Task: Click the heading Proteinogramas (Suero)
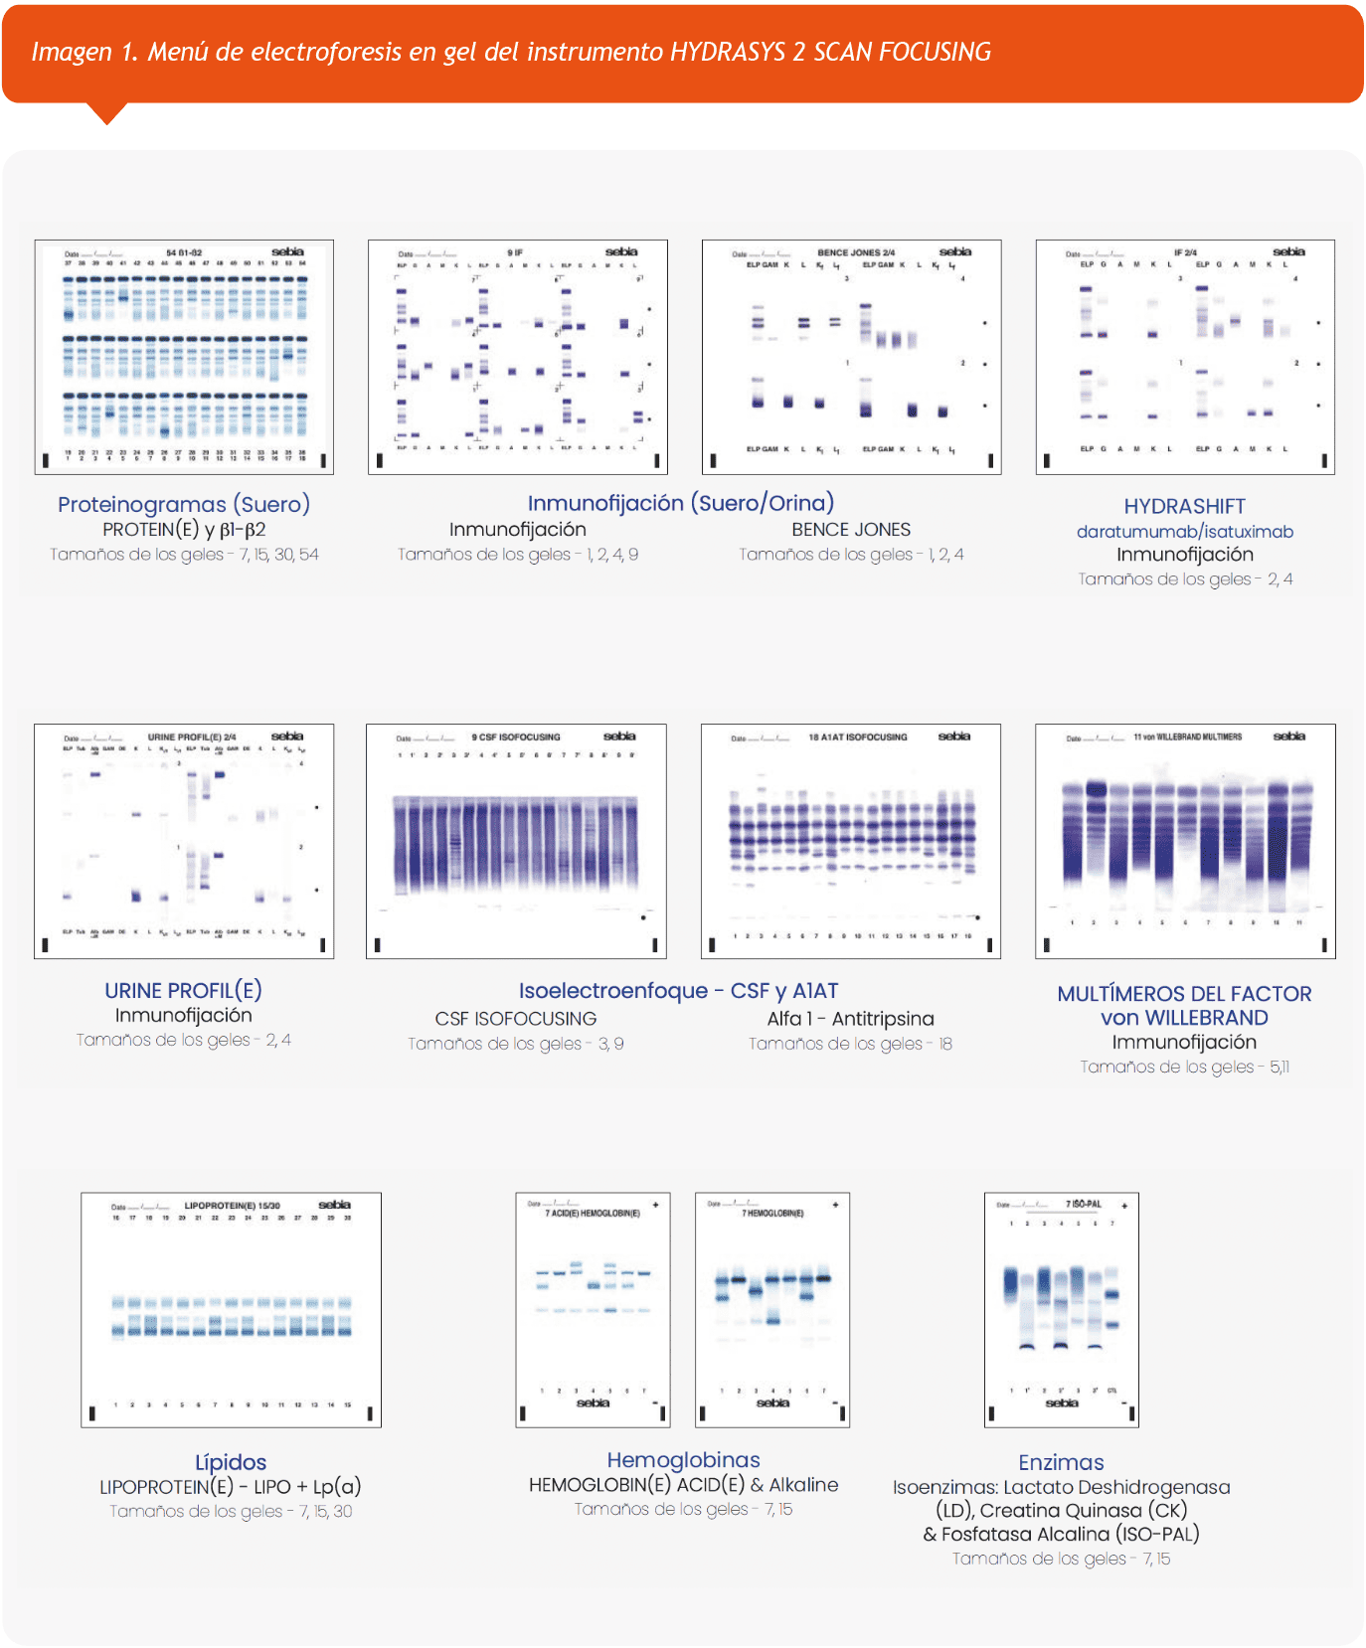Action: [184, 504]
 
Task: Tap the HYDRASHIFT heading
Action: [1184, 506]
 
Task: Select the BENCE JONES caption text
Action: [851, 530]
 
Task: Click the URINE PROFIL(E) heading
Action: [183, 990]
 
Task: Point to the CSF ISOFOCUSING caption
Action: [515, 1019]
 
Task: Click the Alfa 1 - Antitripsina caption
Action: [850, 1019]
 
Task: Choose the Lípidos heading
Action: [231, 1462]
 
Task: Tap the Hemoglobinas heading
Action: [683, 1460]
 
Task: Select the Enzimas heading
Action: [1061, 1462]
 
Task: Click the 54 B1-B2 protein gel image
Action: [184, 357]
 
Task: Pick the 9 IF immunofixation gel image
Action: [517, 357]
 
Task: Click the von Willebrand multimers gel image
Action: [1185, 841]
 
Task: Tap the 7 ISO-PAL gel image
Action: [1061, 1310]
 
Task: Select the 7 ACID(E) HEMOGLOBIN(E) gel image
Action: [593, 1310]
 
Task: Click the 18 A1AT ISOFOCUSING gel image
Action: [850, 841]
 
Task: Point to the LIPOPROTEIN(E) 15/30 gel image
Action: [231, 1310]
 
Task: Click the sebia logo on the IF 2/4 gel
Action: [1288, 252]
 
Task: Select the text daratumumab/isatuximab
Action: [1184, 532]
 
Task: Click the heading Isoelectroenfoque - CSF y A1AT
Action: [678, 991]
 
